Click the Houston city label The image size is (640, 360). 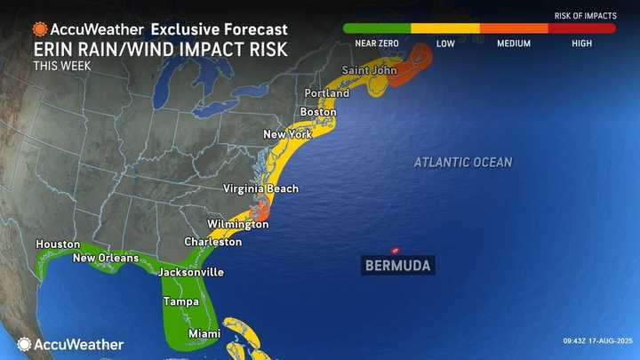pyautogui.click(x=58, y=244)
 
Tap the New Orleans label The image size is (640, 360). pyautogui.click(x=105, y=259)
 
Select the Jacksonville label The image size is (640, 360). pyautogui.click(x=190, y=272)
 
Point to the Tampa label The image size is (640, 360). pyautogui.click(x=180, y=302)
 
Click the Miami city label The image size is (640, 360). pyautogui.click(x=205, y=333)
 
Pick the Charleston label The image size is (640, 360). pyautogui.click(x=212, y=242)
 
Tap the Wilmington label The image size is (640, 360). pyautogui.click(x=237, y=225)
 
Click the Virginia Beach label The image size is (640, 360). pyautogui.click(x=260, y=189)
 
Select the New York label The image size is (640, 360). pyautogui.click(x=285, y=134)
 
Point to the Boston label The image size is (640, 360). pyautogui.click(x=318, y=112)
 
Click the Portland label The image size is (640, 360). pyautogui.click(x=326, y=92)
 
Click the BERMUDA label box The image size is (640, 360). pyautogui.click(x=397, y=266)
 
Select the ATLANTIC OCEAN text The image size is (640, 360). pyautogui.click(x=462, y=162)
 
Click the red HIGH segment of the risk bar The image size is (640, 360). pyautogui.click(x=581, y=28)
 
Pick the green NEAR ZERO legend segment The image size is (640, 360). pyautogui.click(x=377, y=28)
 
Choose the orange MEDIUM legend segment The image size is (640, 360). pyautogui.click(x=514, y=28)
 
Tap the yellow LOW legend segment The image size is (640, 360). pyautogui.click(x=445, y=28)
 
